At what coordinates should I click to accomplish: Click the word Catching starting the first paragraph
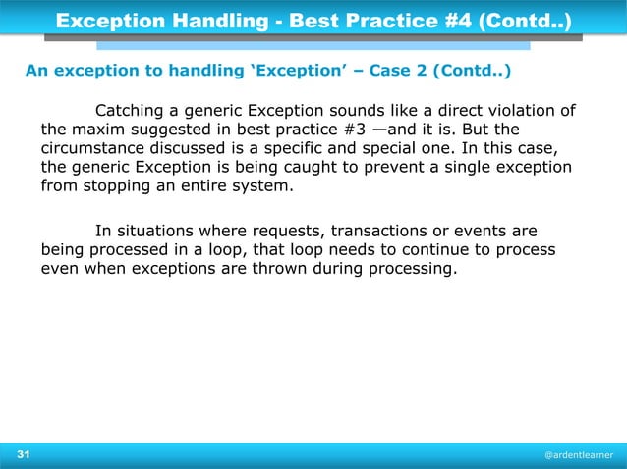point(131,109)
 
